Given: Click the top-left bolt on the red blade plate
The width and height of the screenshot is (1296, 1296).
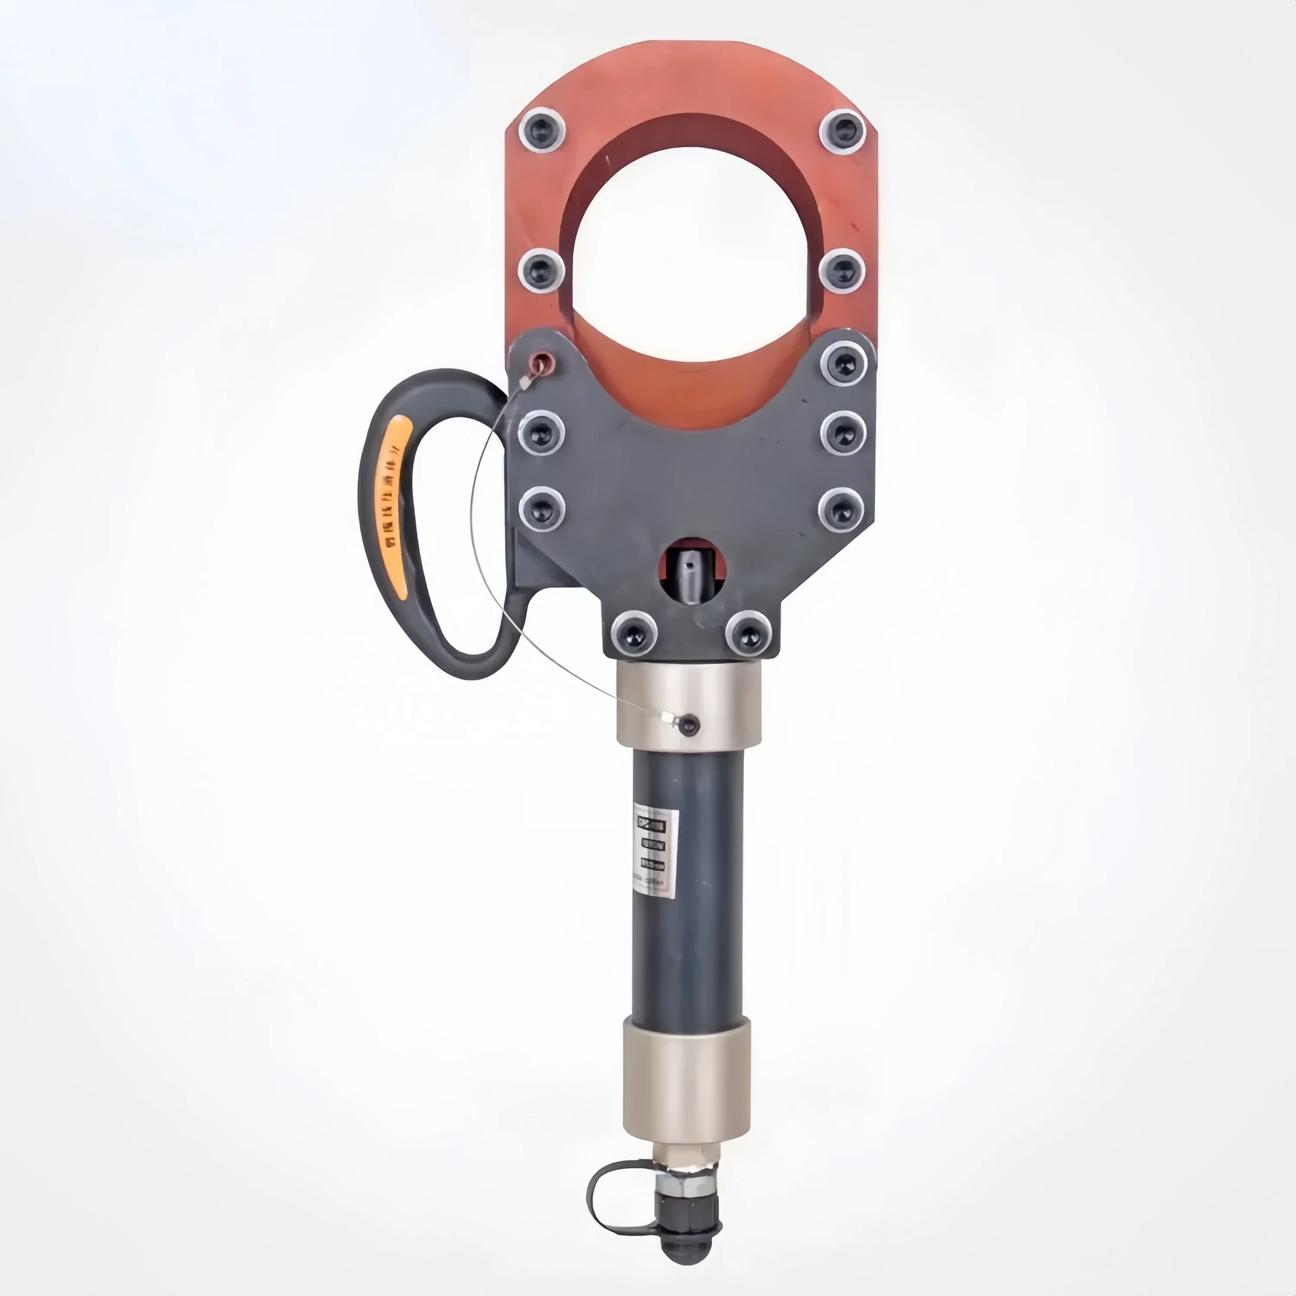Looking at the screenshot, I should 541,131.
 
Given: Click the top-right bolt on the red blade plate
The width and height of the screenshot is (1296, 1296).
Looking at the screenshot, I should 842,131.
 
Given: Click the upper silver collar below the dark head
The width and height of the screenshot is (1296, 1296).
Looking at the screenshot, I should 689,708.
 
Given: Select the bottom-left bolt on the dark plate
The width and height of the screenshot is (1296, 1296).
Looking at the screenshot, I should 634,632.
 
